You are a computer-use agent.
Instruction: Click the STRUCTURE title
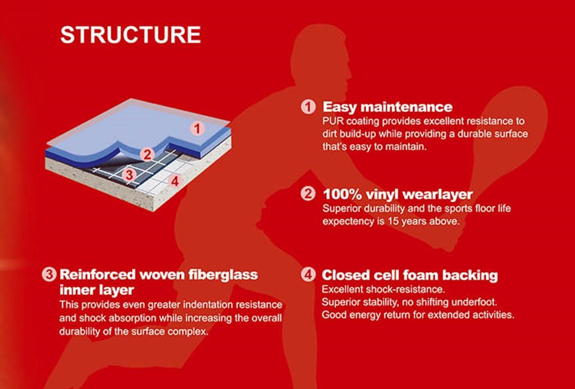pos(130,35)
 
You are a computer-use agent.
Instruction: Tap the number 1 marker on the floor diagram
pos(197,129)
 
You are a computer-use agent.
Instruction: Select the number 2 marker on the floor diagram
pos(147,154)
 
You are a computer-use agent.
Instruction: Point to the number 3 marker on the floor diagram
pos(129,175)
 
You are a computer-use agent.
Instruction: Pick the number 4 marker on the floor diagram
pos(175,181)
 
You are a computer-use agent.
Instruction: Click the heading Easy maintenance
pos(387,107)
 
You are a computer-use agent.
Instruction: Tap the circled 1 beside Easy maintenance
pos(308,107)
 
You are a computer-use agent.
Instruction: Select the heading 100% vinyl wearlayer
pos(398,194)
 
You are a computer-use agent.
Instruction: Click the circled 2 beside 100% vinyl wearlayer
pos(308,194)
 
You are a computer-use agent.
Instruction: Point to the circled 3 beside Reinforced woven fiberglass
pos(49,274)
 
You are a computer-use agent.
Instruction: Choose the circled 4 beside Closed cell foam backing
pos(308,274)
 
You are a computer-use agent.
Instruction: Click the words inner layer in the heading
pos(97,290)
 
